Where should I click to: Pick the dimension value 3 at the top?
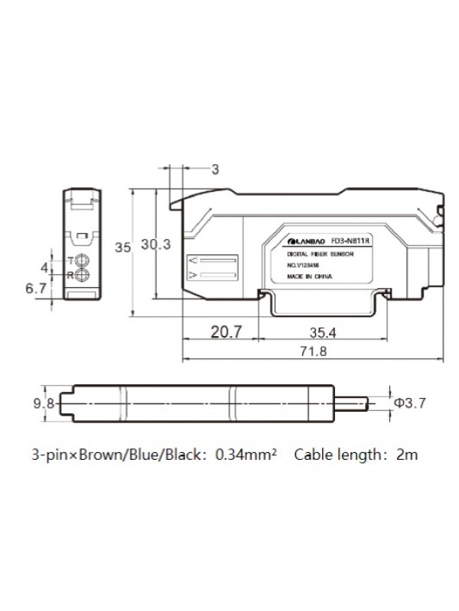[x=215, y=170]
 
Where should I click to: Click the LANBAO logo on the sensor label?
[x=305, y=240]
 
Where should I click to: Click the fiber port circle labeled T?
[x=83, y=260]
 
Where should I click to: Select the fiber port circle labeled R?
[x=83, y=274]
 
